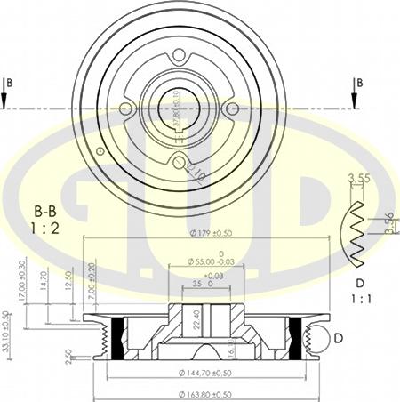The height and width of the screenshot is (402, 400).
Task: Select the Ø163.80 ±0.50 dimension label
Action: (205, 393)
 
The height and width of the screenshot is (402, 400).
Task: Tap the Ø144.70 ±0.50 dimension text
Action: (205, 373)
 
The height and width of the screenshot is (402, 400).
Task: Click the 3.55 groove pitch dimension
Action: (359, 178)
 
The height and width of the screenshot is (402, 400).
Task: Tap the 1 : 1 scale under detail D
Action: (361, 301)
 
